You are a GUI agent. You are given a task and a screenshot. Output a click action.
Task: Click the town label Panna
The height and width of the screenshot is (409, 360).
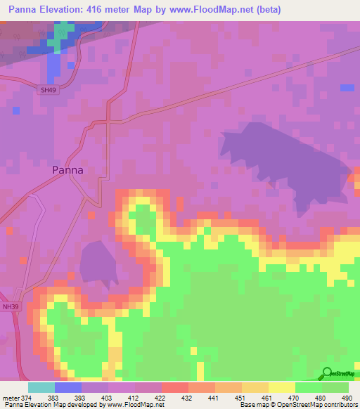tap(68, 170)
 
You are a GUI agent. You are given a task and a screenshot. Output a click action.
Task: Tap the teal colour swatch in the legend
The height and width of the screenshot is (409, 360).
tap(41, 387)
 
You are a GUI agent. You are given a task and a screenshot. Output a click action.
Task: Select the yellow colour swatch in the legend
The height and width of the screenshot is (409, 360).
tap(281, 387)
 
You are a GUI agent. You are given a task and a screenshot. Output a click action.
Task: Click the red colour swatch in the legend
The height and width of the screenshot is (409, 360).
tap(174, 387)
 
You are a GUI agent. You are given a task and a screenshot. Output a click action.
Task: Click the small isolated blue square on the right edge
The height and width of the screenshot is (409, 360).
tap(347, 87)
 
